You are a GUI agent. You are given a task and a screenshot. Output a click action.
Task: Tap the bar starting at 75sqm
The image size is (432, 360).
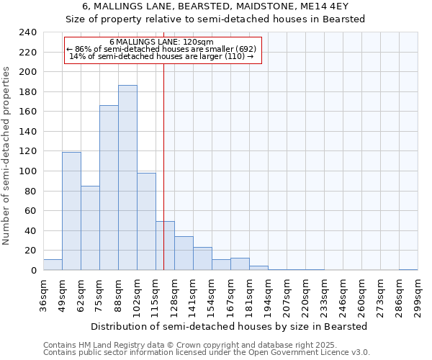click(x=109, y=188)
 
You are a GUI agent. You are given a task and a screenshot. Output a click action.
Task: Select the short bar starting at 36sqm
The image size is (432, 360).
click(x=53, y=265)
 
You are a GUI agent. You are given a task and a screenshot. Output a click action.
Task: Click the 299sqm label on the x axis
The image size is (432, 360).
click(x=418, y=295)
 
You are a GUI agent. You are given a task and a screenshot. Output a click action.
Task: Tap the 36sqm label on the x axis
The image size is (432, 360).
click(x=43, y=295)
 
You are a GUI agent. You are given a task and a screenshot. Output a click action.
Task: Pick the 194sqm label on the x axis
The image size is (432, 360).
click(x=268, y=295)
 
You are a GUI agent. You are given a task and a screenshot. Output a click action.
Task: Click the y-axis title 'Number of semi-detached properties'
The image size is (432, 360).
click(x=6, y=156)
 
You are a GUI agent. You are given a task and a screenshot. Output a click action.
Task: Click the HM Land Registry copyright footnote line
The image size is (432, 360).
click(x=186, y=345)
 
